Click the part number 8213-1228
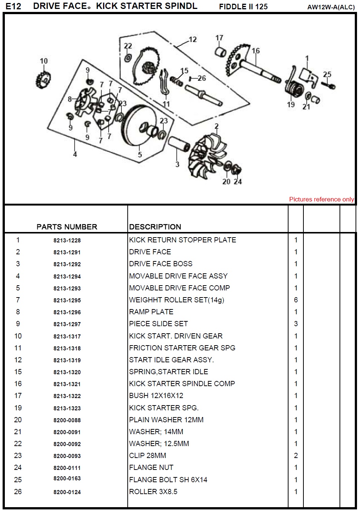67,241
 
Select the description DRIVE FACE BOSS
160,264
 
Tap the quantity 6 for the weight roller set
296,300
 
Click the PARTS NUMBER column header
67,227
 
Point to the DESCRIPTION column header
155,227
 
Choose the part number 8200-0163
67,478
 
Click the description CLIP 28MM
147,455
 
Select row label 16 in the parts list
18,384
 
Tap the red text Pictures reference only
321,199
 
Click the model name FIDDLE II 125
243,7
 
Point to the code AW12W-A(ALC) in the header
331,7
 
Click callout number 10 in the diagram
44,61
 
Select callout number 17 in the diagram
219,38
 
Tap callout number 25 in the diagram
327,74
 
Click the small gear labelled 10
44,79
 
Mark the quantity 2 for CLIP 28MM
296,455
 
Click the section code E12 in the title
13,6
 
